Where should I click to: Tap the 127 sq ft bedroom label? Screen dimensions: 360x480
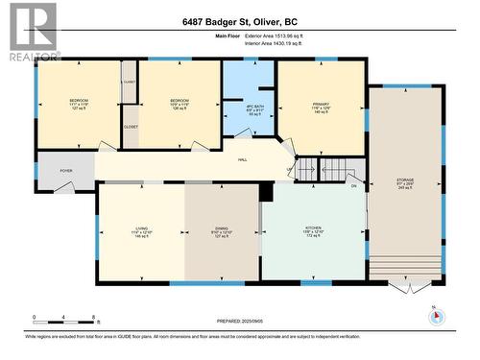pos(79,105)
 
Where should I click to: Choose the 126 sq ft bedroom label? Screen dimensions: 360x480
pos(180,105)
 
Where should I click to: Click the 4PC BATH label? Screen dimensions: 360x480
pos(248,109)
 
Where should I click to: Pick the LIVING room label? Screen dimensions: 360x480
pos(142,230)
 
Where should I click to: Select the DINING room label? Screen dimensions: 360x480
pos(221,230)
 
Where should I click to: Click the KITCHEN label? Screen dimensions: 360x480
pos(313,230)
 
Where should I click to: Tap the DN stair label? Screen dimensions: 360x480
pos(353,185)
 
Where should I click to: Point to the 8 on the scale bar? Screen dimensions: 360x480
pos(93,316)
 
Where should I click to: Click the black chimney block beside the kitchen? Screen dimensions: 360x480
pos(267,192)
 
